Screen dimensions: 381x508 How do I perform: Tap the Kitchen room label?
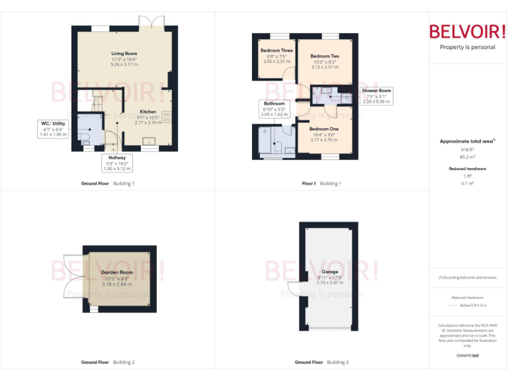pos(148,112)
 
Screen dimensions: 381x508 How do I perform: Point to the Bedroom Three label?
pos(276,50)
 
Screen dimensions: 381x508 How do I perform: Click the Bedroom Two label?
pos(324,56)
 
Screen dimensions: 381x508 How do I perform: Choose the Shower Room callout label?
pos(376,91)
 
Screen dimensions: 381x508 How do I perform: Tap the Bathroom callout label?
pos(274,104)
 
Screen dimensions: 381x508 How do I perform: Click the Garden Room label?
pos(117,272)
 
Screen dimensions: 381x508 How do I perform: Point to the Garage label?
pos(329,272)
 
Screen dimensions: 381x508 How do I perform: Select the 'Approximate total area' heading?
pos(466,141)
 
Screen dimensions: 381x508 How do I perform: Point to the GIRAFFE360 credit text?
pos(468,356)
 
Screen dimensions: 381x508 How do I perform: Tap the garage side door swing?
pos(293,289)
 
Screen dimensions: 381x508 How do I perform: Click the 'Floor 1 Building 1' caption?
pos(321,183)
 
